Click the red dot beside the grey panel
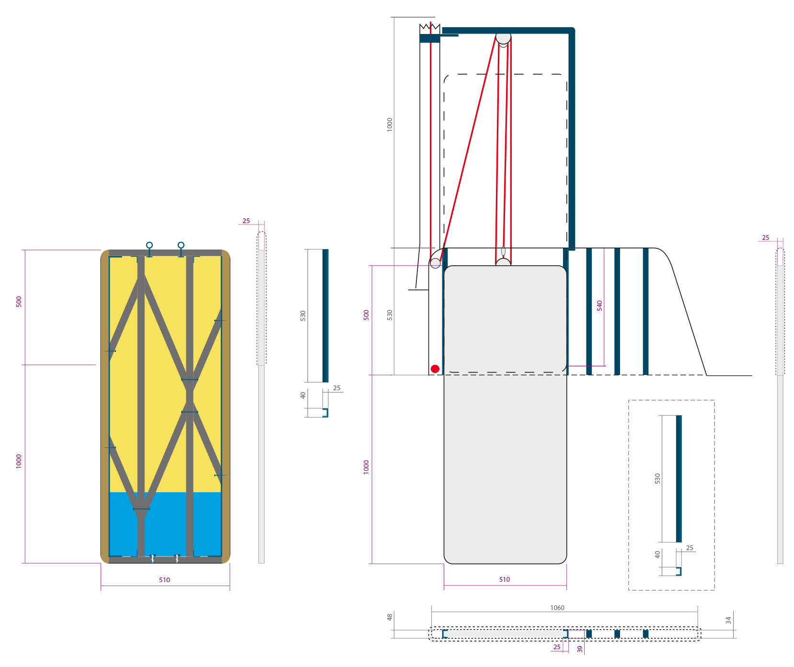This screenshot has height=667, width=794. (435, 369)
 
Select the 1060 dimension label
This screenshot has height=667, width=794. (557, 608)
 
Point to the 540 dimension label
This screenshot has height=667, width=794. (599, 305)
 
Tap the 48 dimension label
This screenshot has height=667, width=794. (390, 617)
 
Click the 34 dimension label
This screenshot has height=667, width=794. (728, 620)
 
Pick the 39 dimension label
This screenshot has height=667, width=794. (580, 649)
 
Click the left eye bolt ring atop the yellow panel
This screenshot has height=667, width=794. (150, 245)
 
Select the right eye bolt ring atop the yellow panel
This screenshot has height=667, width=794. (181, 245)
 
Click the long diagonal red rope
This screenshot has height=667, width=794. (468, 148)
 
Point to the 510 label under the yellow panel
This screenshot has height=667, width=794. (164, 580)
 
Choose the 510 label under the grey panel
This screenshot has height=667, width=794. (505, 579)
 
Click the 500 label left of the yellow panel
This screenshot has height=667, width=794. (19, 302)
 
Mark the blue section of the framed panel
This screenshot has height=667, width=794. (165, 524)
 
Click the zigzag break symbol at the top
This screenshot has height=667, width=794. (430, 28)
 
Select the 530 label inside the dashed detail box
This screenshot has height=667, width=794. (657, 478)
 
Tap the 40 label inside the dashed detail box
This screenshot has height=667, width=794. (657, 554)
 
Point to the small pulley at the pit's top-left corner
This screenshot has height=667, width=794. (435, 263)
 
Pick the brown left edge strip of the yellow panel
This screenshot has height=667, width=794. (104, 406)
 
